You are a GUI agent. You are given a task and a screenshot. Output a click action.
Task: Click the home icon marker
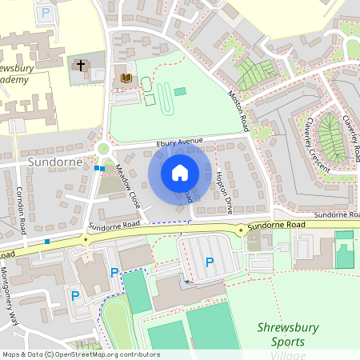pyautogui.click(x=180, y=172)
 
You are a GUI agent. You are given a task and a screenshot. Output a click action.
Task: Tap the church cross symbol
pyautogui.click(x=80, y=65)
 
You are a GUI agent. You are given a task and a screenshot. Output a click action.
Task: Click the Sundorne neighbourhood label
pyautogui.click(x=55, y=162)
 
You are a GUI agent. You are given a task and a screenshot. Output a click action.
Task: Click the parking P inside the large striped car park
pyautogui.click(x=210, y=262)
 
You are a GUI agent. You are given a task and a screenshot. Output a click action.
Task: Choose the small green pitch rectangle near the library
pyautogui.click(x=179, y=91)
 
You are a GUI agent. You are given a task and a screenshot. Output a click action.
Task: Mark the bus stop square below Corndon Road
pyautogui.click(x=47, y=241)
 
